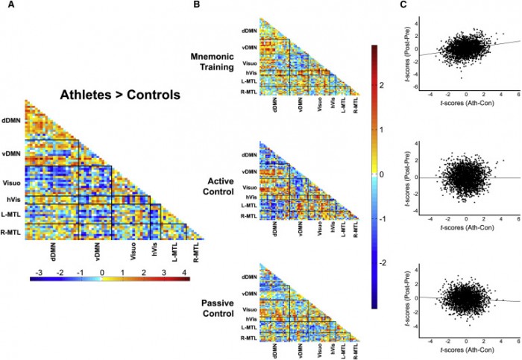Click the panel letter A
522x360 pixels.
[8, 5]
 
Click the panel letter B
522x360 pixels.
[195, 5]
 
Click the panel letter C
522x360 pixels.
[403, 5]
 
